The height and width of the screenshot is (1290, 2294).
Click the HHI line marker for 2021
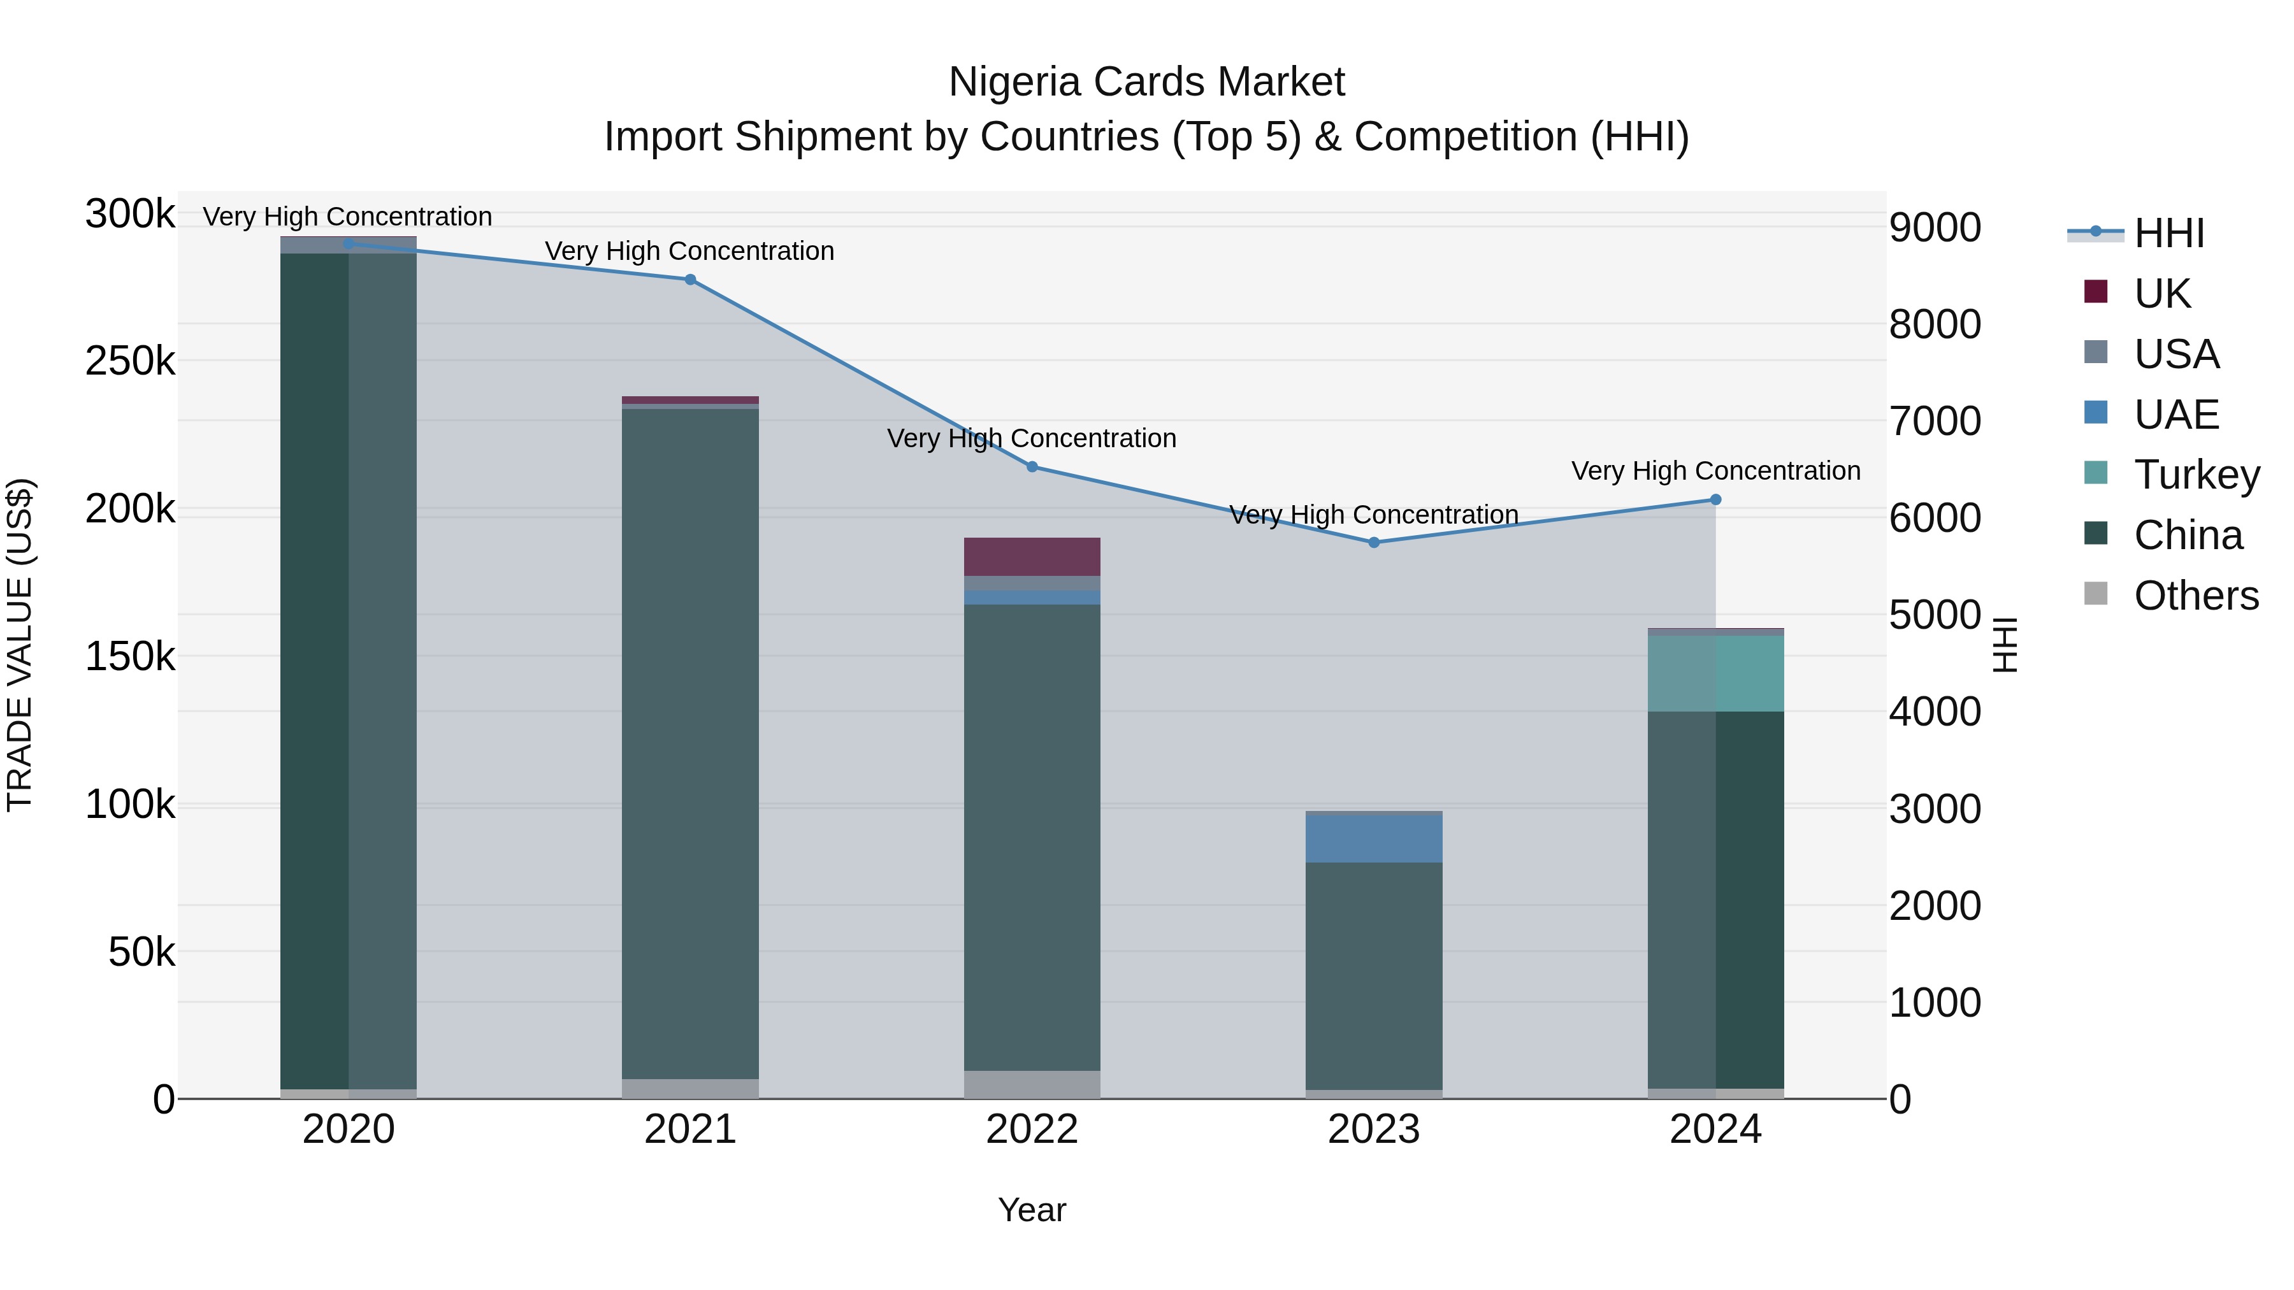point(690,280)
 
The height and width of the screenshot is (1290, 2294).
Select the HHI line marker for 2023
point(1373,542)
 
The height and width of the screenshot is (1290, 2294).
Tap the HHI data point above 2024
point(1715,499)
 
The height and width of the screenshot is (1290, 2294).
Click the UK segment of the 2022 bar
point(1032,556)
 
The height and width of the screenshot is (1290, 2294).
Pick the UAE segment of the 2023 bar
point(1373,838)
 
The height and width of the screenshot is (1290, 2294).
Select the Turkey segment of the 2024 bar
point(1715,673)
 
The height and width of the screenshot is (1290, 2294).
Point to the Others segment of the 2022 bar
point(1032,1084)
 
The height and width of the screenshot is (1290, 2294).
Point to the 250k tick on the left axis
point(130,361)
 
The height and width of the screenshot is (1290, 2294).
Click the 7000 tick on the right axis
point(1935,421)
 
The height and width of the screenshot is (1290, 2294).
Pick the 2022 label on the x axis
point(1032,1129)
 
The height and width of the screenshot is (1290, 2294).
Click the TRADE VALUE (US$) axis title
point(20,645)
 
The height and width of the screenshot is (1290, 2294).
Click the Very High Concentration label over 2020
point(347,217)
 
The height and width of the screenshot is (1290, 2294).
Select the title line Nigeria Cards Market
point(1146,82)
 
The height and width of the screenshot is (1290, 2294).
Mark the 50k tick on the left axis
point(141,952)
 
